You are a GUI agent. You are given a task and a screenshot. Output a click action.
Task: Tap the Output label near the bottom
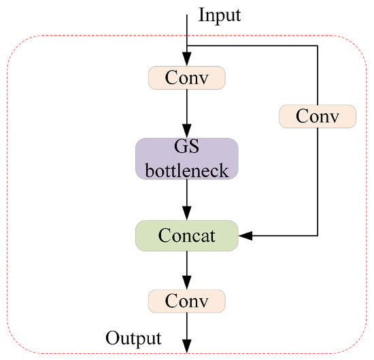[133, 338]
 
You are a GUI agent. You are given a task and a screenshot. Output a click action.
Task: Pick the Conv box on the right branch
[318, 117]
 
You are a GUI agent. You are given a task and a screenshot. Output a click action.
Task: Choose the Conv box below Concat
[186, 299]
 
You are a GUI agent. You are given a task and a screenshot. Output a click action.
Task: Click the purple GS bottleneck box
[186, 159]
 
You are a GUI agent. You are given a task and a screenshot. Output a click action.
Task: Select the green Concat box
[186, 236]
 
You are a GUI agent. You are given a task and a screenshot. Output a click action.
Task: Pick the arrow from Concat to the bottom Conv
[186, 268]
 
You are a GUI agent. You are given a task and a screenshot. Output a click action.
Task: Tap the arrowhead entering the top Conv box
[186, 62]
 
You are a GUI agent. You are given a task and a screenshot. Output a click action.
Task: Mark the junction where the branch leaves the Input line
[186, 46]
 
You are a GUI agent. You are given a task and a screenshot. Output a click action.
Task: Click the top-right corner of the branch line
[318, 46]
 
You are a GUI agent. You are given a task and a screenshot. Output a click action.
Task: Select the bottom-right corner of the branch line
[318, 236]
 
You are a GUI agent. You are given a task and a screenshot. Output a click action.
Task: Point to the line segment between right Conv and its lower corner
[318, 180]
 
